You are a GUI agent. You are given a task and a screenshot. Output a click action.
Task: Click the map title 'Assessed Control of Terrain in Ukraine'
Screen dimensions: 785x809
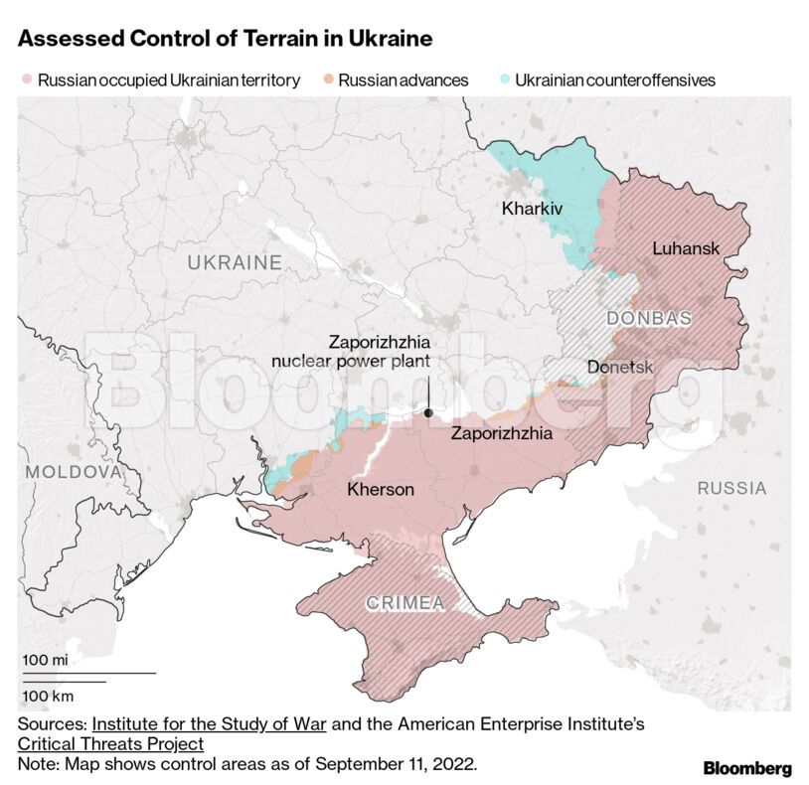225,40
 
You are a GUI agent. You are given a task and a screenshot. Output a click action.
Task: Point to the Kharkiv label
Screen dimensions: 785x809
532,209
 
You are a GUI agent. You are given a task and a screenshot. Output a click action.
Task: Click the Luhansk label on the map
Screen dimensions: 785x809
685,247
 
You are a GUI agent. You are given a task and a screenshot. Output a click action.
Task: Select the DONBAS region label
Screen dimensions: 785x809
648,318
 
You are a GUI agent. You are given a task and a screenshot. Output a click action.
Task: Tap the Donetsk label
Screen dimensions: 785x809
620,367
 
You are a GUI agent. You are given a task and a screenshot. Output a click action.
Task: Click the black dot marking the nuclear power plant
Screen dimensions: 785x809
427,412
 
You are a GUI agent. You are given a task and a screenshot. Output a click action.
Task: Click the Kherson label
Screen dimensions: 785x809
381,489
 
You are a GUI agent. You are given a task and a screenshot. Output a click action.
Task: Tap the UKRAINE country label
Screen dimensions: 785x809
235,262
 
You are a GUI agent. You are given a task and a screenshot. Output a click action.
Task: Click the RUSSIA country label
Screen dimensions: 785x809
731,488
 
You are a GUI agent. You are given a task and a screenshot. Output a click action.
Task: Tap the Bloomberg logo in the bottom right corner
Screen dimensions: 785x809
746,768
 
